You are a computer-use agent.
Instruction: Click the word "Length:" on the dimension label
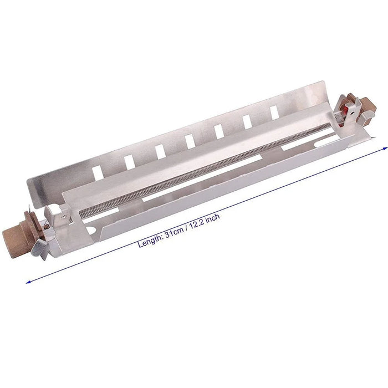coord(150,239)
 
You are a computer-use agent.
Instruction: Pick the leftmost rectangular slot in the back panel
coord(98,172)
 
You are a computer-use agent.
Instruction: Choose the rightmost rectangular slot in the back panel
coord(274,112)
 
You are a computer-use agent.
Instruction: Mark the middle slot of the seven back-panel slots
coord(190,141)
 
